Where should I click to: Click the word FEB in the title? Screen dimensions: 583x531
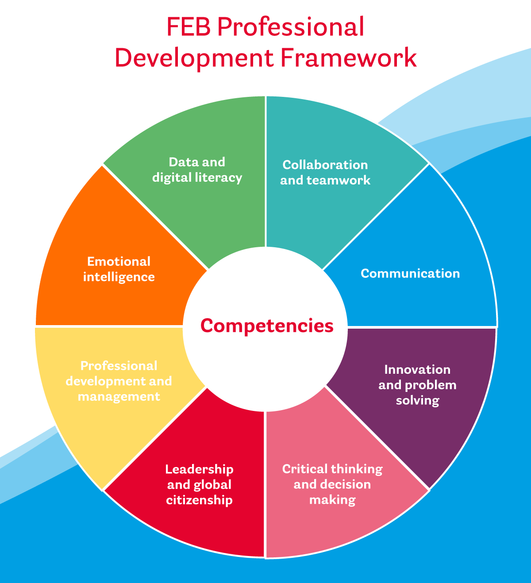[x=189, y=27]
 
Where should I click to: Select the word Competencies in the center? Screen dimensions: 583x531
[x=266, y=326]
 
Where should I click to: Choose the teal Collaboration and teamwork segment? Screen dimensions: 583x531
[x=336, y=203]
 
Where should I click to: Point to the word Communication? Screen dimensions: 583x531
[x=410, y=273]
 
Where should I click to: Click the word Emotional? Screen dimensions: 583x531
[x=119, y=261]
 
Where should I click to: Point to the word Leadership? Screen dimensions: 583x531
[x=199, y=469]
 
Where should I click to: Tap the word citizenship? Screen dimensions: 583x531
[x=199, y=500]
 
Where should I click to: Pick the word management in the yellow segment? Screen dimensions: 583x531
[x=119, y=397]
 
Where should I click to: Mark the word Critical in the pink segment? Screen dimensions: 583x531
[x=302, y=469]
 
